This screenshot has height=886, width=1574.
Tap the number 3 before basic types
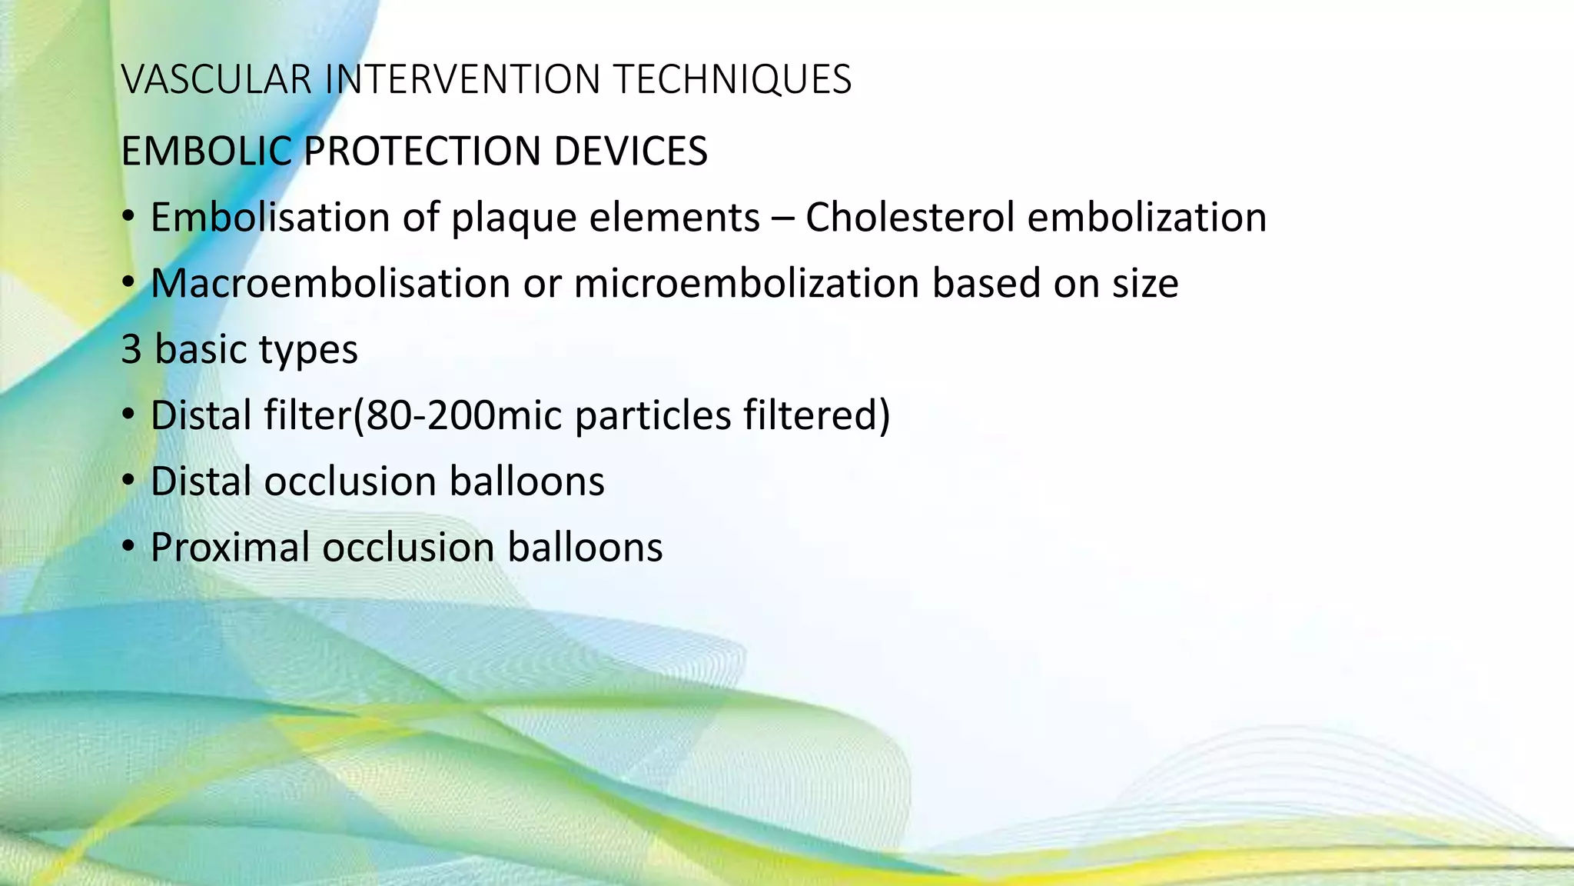click(x=131, y=350)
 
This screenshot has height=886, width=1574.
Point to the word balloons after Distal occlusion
click(x=526, y=481)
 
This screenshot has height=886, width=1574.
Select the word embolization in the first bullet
click(x=1147, y=217)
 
